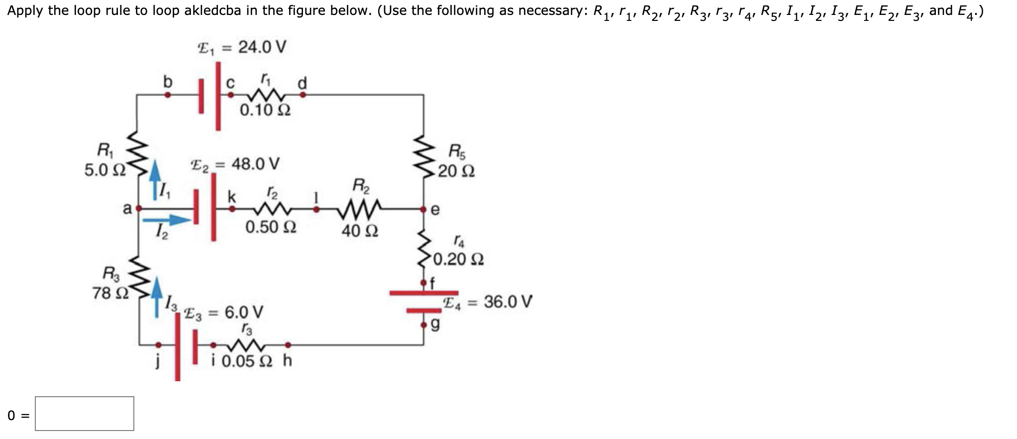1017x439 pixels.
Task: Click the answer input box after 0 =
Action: (85, 414)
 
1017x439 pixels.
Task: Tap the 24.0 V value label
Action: (262, 47)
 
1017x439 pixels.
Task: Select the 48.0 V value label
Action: (255, 164)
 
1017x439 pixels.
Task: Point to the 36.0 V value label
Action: (508, 302)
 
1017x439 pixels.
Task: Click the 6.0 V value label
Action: (244, 313)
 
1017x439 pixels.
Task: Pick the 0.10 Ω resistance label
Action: (265, 110)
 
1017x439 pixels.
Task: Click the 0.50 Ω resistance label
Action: (271, 227)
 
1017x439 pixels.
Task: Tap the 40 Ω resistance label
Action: (360, 231)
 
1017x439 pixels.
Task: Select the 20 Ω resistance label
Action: (456, 171)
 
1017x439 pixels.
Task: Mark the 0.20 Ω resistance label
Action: (458, 259)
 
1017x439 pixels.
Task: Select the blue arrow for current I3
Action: (157, 296)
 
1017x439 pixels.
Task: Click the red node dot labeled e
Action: (423, 209)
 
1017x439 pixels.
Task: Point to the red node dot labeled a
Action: (139, 209)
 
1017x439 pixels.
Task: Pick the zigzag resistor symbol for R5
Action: (424, 155)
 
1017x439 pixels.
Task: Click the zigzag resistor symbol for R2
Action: (360, 209)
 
